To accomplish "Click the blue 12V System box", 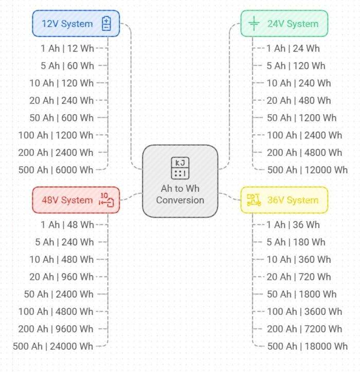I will [76, 24].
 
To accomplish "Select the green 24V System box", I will [284, 24].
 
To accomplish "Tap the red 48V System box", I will [76, 200].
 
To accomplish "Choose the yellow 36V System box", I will [284, 200].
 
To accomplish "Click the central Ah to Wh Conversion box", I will [180, 181].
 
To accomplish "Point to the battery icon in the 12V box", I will [106, 24].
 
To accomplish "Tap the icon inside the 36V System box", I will [254, 200].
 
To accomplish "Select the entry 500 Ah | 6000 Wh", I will [56, 170].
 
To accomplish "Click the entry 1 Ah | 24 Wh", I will [293, 48].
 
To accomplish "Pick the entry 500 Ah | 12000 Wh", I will [308, 170].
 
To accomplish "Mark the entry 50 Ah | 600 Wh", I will [62, 118].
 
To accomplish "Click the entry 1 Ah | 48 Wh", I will [67, 225].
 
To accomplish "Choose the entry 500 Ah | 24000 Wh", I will [53, 346].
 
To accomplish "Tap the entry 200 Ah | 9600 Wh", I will [56, 329].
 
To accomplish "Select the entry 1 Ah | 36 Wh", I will [293, 225].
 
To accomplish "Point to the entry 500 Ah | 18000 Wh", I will [308, 346].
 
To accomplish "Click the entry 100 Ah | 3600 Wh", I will [304, 311].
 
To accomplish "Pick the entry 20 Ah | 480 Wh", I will [299, 100].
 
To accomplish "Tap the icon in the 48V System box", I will [106, 200].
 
